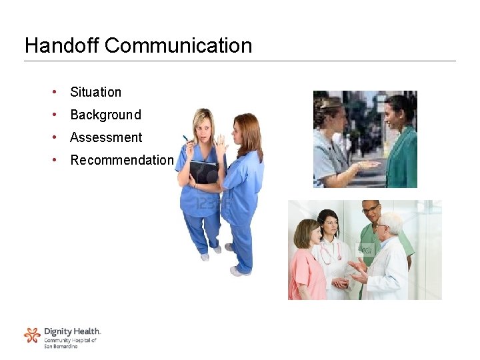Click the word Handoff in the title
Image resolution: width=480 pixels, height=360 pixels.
pos(62,45)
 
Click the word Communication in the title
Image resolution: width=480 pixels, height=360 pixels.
pos(179,45)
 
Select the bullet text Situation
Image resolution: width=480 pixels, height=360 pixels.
pos(95,92)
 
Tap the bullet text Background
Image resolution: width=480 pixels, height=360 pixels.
pos(105,115)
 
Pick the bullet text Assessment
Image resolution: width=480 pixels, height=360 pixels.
pos(106,137)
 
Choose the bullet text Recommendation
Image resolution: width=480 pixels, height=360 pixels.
pos(122,160)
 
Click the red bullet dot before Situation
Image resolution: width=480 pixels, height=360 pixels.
pos(53,91)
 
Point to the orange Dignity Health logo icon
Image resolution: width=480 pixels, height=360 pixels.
pos(32,335)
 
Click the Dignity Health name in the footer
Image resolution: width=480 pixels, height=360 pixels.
pos(72,331)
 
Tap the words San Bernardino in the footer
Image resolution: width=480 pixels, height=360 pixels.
pos(61,347)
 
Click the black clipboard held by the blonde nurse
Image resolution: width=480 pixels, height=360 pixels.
pos(203,172)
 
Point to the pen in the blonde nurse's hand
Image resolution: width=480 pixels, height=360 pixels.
pos(187,139)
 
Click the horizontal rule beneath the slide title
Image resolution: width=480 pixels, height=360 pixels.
pos(240,61)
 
